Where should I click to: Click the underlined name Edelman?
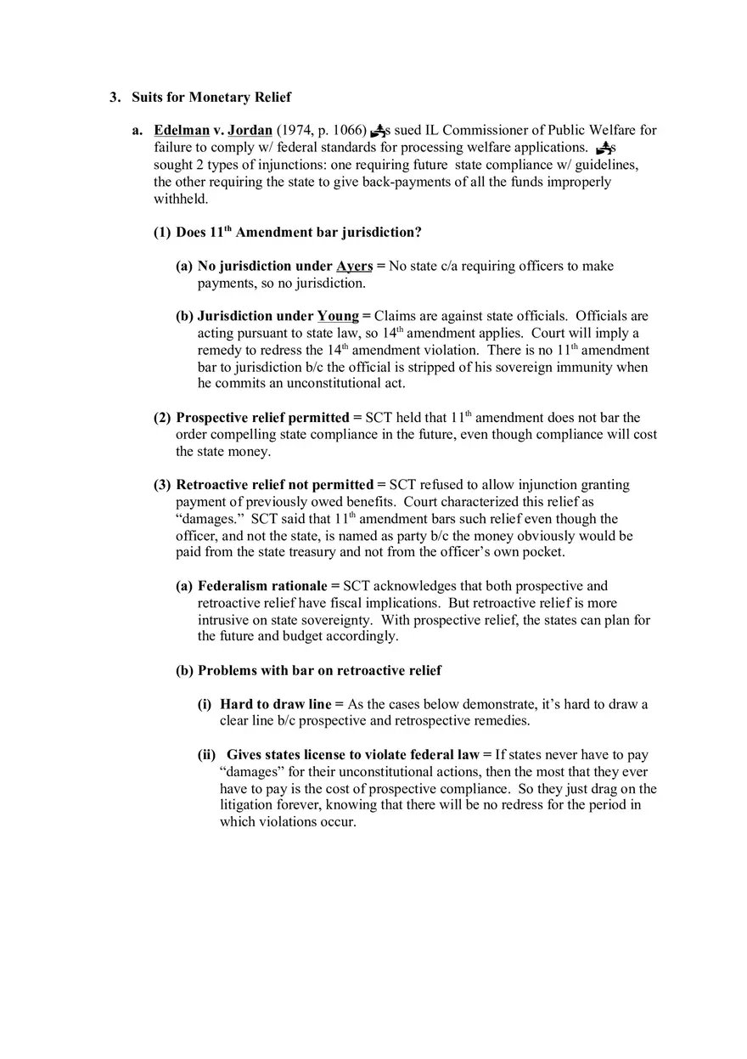pyautogui.click(x=182, y=131)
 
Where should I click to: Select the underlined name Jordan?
pyautogui.click(x=250, y=131)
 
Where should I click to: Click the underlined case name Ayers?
pyautogui.click(x=354, y=267)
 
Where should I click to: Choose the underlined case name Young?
pyautogui.click(x=338, y=317)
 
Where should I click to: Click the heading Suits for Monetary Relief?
pyautogui.click(x=211, y=98)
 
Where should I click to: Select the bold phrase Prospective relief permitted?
pyautogui.click(x=262, y=418)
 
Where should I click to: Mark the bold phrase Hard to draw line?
pyautogui.click(x=276, y=705)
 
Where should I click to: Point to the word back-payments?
pyautogui.click(x=407, y=182)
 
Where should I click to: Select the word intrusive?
pyautogui.click(x=223, y=620)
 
